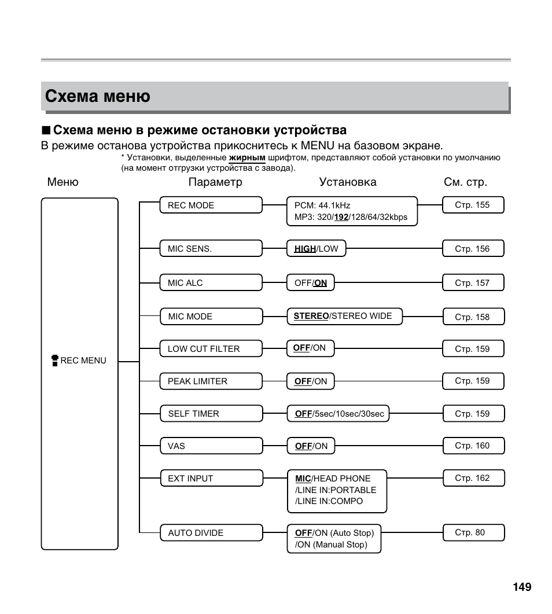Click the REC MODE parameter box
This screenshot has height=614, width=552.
tap(211, 205)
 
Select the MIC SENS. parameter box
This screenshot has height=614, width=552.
tap(211, 249)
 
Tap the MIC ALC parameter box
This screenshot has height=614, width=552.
tap(211, 283)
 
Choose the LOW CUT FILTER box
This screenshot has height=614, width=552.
tap(211, 349)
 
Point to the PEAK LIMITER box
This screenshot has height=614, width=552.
tap(211, 381)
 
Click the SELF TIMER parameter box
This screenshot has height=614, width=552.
tap(211, 414)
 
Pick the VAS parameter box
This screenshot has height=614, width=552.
tap(211, 446)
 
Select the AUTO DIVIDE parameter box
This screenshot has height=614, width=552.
tap(211, 533)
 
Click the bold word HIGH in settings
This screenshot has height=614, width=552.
tap(304, 249)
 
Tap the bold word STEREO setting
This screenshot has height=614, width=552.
tap(311, 316)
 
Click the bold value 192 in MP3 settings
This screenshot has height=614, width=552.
tap(341, 218)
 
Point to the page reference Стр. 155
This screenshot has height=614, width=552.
tap(473, 205)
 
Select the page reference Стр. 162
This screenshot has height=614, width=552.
tap(473, 478)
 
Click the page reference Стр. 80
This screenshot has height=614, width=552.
tap(473, 532)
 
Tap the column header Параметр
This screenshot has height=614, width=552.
tap(215, 182)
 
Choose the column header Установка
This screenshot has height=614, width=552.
tap(348, 182)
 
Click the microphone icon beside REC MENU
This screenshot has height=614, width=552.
tap(55, 361)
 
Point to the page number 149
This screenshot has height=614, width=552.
tap(521, 587)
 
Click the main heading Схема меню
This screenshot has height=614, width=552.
tap(98, 96)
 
